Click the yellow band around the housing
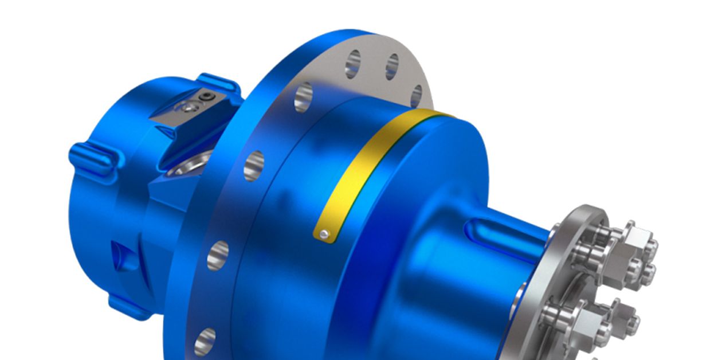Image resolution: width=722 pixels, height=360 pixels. tap(367, 166)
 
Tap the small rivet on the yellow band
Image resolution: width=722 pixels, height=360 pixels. tap(324, 233)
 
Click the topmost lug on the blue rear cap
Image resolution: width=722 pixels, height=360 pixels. tap(218, 83)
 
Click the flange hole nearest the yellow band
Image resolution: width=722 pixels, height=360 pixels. tap(417, 96)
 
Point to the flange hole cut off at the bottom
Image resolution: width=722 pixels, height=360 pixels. tap(205, 342)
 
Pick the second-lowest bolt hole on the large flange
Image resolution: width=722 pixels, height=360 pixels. tap(218, 256)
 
